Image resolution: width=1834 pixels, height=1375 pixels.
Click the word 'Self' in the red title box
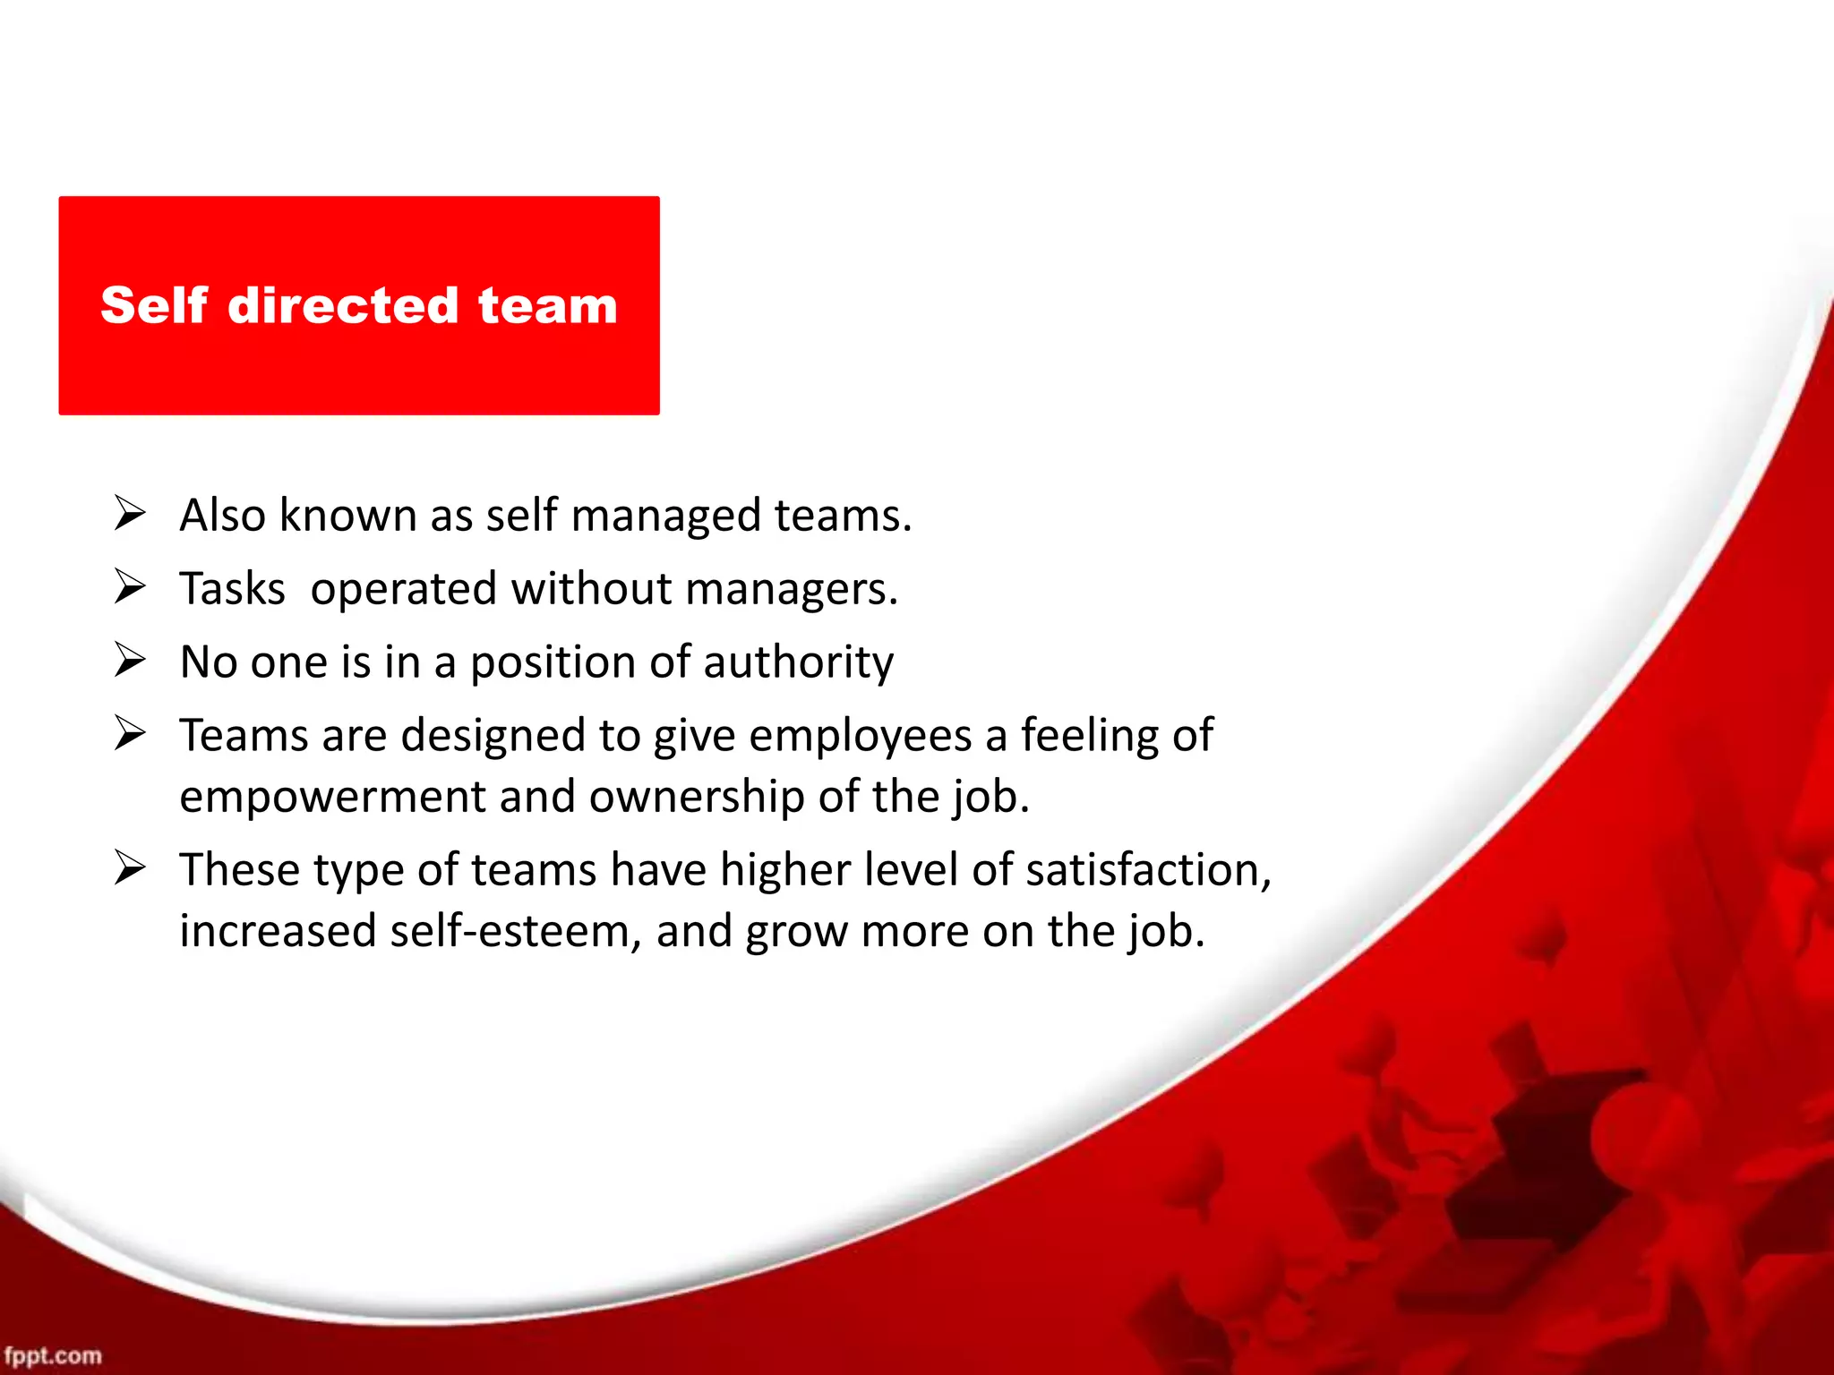click(154, 305)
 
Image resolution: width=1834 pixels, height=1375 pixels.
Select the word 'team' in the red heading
click(547, 305)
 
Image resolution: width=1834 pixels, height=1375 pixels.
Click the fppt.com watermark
click(53, 1355)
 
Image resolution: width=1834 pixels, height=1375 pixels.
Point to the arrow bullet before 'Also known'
click(130, 514)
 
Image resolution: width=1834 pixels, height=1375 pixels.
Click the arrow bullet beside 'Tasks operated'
click(130, 587)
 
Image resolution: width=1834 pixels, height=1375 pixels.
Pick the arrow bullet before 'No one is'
click(130, 661)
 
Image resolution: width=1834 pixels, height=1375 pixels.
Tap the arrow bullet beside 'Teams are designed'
click(130, 734)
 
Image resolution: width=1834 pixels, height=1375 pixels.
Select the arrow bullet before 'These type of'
click(130, 868)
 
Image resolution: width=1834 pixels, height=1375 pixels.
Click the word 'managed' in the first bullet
click(665, 517)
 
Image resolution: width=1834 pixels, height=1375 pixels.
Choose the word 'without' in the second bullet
click(591, 589)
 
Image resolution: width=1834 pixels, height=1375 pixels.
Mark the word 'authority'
click(798, 663)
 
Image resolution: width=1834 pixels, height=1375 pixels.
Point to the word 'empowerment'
click(332, 798)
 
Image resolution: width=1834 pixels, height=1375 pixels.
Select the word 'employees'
click(860, 737)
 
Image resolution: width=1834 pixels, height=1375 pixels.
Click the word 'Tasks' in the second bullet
click(232, 589)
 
